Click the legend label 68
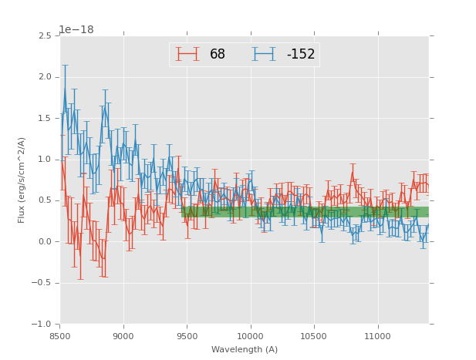pos(218,54)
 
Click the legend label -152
pos(301,54)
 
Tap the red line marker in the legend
pos(187,54)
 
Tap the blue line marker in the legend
pos(265,54)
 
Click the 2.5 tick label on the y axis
pos(44,36)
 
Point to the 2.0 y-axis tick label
pos(44,77)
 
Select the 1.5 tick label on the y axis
pos(44,119)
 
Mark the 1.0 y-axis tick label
pos(44,160)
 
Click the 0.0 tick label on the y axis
pos(44,242)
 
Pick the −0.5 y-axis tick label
pos(41,283)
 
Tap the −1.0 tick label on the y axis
pos(41,325)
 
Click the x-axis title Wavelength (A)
pos(245,349)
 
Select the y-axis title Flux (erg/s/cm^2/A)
pos(22,180)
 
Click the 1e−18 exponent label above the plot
pos(76,30)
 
